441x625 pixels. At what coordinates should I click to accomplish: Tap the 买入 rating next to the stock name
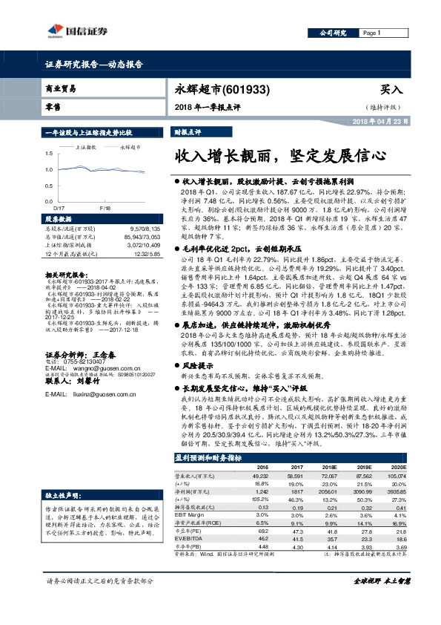pyautogui.click(x=391, y=89)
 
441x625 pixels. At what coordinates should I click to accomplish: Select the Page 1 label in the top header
pyautogui.click(x=371, y=33)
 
